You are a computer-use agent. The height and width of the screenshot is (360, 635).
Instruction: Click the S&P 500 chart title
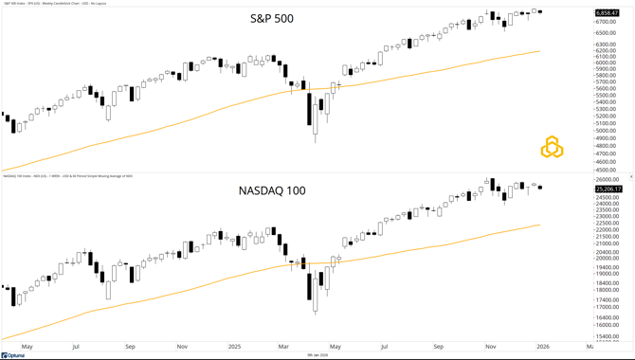pyautogui.click(x=272, y=19)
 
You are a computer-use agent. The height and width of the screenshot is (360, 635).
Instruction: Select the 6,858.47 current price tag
pyautogui.click(x=608, y=12)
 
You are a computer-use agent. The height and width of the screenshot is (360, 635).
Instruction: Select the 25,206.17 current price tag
pyautogui.click(x=608, y=189)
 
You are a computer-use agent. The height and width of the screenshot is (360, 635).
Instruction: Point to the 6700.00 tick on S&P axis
pyautogui.click(x=607, y=22)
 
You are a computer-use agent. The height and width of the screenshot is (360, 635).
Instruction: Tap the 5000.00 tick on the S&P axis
pyautogui.click(x=607, y=131)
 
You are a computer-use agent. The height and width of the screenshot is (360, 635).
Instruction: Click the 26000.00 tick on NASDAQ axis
pyautogui.click(x=608, y=179)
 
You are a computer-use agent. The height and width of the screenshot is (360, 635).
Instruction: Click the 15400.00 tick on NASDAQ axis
pyautogui.click(x=608, y=336)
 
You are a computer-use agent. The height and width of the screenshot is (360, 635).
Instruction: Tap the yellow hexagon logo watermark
pyautogui.click(x=552, y=148)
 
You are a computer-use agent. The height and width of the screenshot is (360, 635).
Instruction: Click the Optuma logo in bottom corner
pyautogui.click(x=13, y=355)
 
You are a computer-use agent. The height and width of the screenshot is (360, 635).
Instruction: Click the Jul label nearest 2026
pyautogui.click(x=386, y=348)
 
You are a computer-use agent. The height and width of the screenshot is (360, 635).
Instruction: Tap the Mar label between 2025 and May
pyautogui.click(x=284, y=348)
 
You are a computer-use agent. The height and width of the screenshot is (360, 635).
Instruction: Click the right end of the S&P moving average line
pyautogui.click(x=540, y=51)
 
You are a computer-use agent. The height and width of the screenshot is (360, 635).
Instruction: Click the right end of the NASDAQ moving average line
pyautogui.click(x=540, y=225)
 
